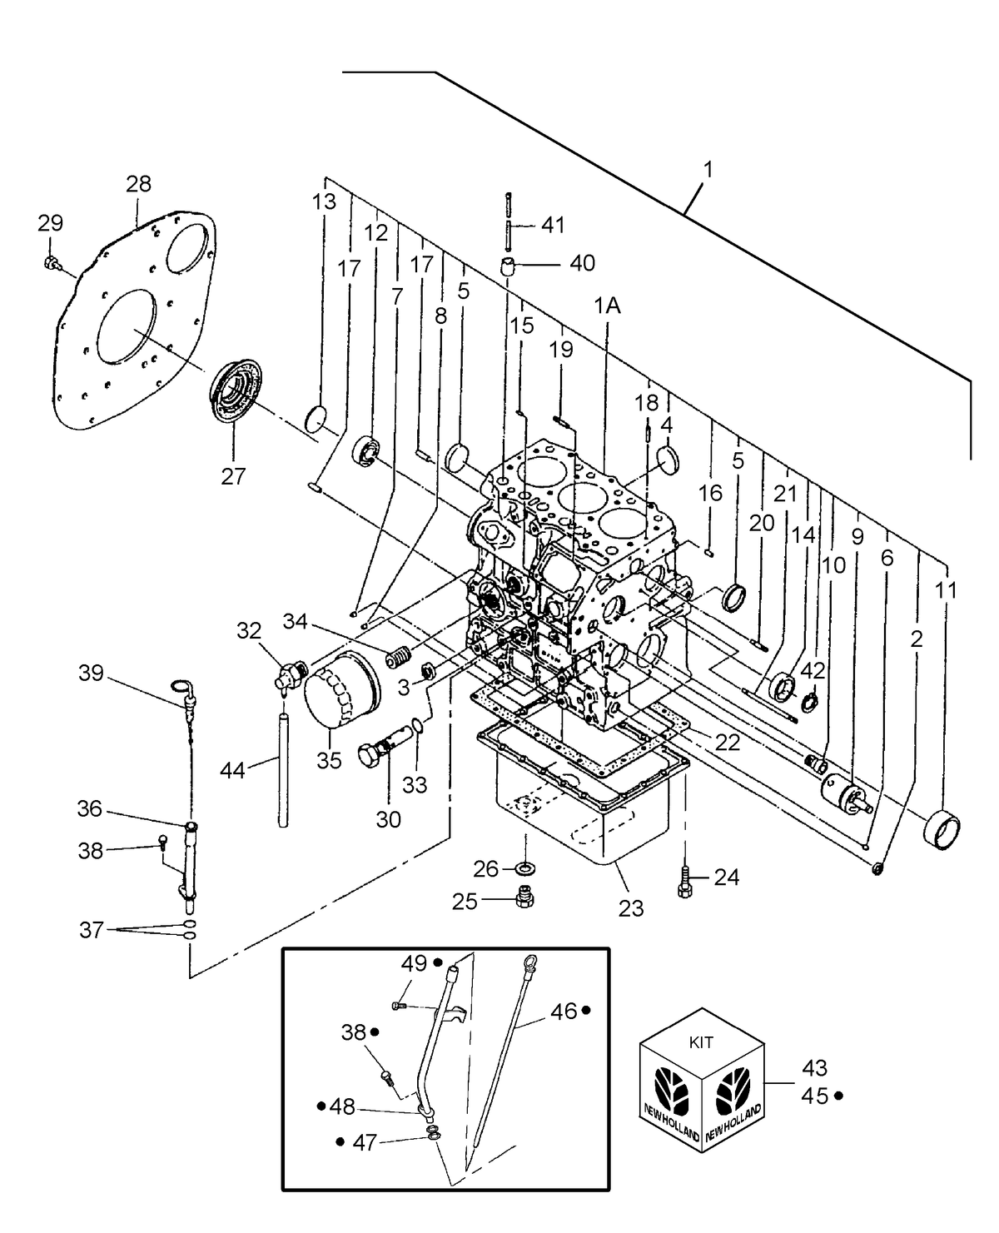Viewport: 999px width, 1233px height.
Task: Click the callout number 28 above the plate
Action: (139, 184)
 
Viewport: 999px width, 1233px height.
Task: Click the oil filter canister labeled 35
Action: (340, 689)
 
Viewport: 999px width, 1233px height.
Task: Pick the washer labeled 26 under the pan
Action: (525, 868)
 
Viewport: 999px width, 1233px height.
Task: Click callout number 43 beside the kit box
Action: (815, 1067)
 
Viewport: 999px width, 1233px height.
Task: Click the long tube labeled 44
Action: (283, 769)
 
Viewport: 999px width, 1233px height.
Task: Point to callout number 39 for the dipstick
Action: (92, 673)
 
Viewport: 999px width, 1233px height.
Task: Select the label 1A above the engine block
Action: (607, 306)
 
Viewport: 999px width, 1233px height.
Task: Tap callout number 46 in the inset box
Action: (564, 1012)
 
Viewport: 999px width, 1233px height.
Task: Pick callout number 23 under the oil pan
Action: (631, 907)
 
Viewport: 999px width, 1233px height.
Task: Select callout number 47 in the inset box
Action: (365, 1143)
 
